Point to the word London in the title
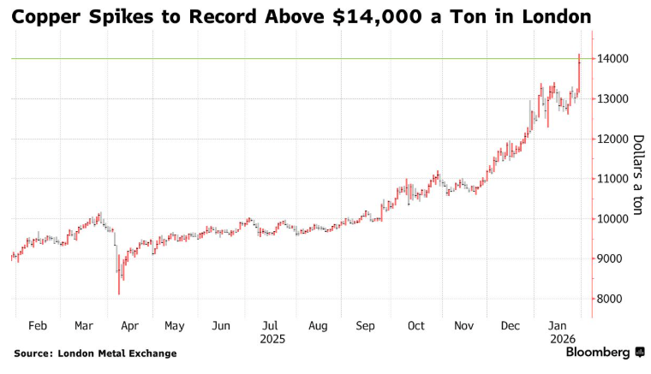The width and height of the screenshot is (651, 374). [x=552, y=17]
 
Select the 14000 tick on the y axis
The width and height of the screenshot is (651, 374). [x=615, y=59]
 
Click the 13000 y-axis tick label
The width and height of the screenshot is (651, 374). [x=615, y=99]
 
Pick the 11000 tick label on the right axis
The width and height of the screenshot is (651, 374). [x=615, y=179]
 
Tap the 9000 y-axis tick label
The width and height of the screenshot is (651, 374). [x=612, y=258]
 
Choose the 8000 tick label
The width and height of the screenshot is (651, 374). [x=612, y=299]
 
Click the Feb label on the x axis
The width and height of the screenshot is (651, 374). [x=37, y=326]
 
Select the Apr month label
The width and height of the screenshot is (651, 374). [x=129, y=326]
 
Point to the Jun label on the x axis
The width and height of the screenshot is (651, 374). [x=221, y=326]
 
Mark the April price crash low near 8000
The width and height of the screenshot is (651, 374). [x=119, y=293]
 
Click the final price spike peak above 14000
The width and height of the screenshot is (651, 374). [x=579, y=55]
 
